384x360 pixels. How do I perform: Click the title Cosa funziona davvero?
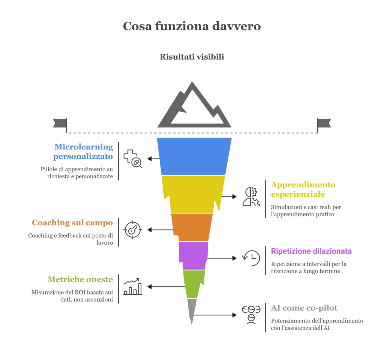point(192,26)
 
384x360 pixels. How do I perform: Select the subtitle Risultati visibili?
point(192,57)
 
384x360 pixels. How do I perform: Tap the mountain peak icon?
point(194,107)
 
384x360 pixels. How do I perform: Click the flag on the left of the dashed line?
point(60,123)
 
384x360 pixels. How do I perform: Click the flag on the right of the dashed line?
point(324,123)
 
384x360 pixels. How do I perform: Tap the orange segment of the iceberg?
point(192,227)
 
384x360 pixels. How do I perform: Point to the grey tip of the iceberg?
point(192,309)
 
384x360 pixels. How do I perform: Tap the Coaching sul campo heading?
point(72,223)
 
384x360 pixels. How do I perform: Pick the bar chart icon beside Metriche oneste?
point(133,287)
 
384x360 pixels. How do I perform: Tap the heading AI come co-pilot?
point(304,308)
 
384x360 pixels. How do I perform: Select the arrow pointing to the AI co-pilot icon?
point(216,315)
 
